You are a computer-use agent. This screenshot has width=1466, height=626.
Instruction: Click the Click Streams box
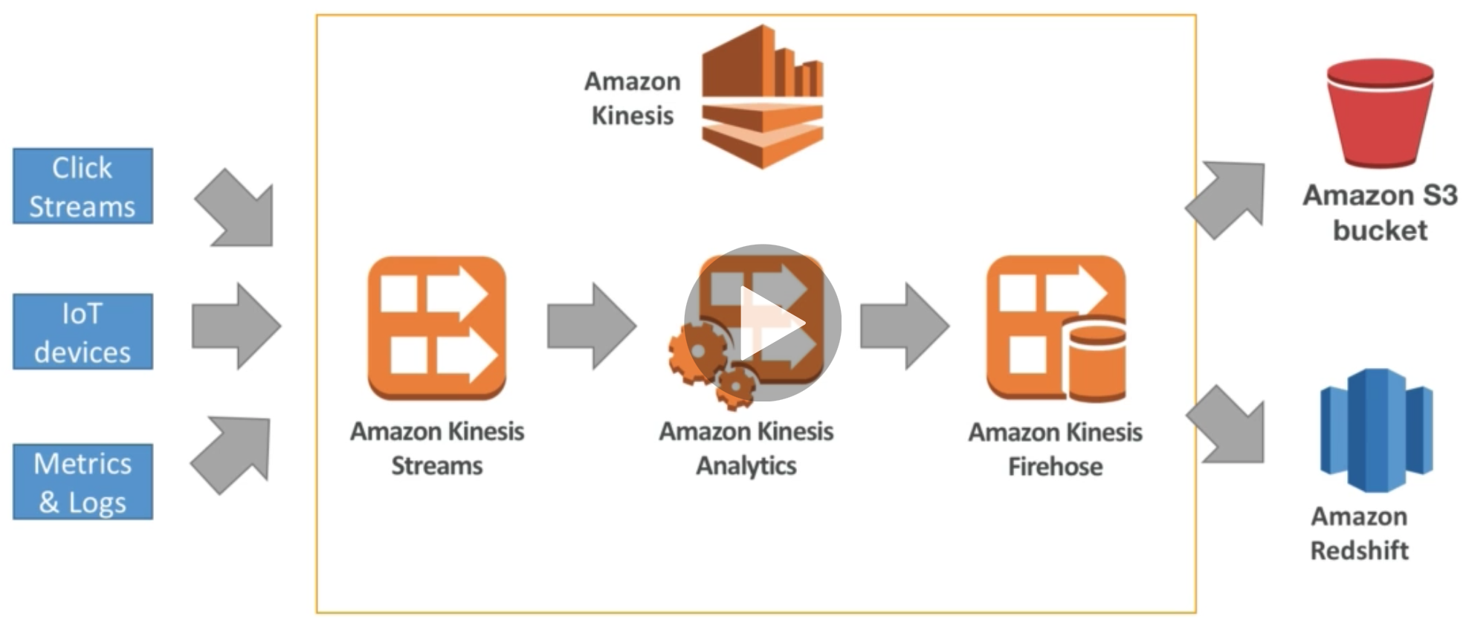pos(83,186)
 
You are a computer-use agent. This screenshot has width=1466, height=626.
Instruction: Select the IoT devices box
pos(83,332)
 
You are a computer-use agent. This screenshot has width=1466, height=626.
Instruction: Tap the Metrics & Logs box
pos(83,482)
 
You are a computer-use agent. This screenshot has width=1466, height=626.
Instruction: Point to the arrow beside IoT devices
pos(236,326)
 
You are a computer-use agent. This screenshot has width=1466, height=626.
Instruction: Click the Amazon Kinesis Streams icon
pos(437,328)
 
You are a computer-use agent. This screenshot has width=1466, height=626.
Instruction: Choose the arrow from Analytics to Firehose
pos(904,326)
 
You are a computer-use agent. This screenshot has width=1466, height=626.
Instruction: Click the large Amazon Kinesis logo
pos(763,97)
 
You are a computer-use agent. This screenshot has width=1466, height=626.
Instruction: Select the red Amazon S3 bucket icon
pos(1380,113)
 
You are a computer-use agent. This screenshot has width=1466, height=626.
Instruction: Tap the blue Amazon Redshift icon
pos(1376,430)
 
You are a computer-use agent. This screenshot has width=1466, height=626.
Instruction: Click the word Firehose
pos(1055,467)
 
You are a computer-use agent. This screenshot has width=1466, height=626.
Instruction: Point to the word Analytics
pos(746,466)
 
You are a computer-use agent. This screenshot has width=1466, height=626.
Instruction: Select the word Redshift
pos(1359,551)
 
